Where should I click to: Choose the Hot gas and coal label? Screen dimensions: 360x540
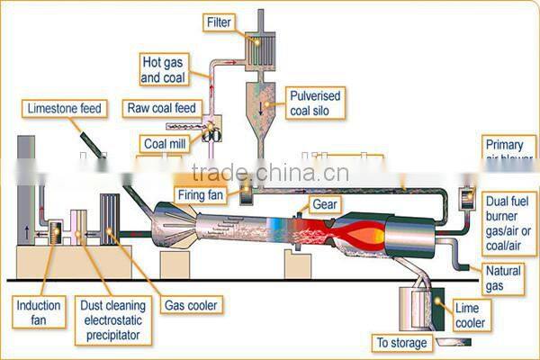pos(164,69)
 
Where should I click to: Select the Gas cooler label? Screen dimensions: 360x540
pos(190,305)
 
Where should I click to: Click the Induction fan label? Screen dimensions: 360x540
pos(39,312)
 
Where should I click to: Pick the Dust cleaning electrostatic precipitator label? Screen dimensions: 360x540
pos(112,319)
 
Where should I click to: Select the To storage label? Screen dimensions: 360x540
pos(400,343)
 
